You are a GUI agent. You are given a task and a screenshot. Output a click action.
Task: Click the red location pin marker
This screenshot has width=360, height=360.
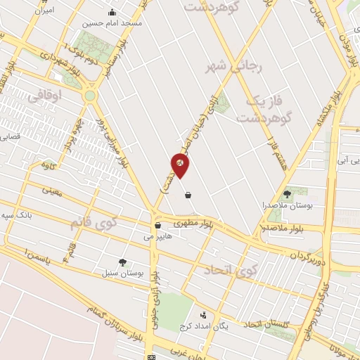(x=180, y=164)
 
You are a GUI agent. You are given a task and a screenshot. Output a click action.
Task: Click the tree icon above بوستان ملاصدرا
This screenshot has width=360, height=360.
(x=286, y=193)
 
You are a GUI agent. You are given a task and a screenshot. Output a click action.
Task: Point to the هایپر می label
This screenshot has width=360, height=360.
(x=157, y=237)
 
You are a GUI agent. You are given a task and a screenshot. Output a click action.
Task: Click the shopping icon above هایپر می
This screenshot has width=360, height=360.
(x=157, y=226)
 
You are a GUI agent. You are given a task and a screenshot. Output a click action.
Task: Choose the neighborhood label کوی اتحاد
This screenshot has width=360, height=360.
(x=229, y=270)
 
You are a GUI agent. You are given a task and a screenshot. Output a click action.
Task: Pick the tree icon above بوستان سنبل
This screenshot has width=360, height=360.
(x=123, y=261)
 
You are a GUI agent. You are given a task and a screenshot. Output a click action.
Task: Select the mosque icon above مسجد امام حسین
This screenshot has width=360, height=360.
(x=112, y=12)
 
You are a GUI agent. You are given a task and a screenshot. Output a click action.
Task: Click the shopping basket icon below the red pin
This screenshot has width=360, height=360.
(x=188, y=195)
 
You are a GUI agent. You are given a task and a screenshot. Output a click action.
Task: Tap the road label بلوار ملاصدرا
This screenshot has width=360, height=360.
(x=284, y=229)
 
